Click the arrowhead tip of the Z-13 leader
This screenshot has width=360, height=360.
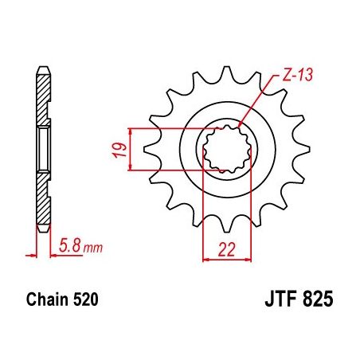(x=239, y=128)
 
